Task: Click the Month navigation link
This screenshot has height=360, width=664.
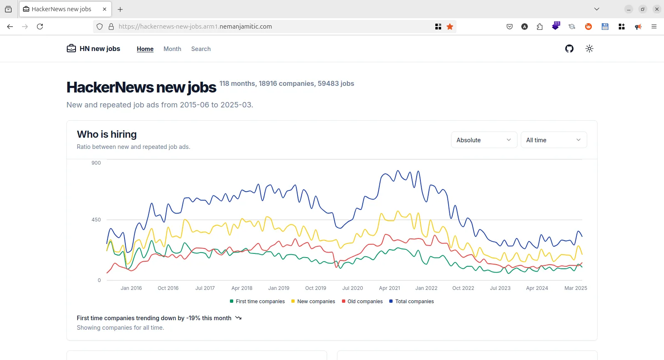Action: [172, 49]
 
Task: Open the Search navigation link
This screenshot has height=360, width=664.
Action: [201, 49]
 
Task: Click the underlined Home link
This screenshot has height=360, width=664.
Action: [145, 49]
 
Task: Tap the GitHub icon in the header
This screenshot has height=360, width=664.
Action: [569, 49]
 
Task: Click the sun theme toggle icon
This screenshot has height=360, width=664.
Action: [589, 49]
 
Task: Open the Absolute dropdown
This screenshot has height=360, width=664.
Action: [484, 140]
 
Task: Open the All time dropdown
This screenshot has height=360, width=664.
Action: [554, 140]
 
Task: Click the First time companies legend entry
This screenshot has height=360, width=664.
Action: [257, 302]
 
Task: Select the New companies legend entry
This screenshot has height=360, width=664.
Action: [313, 302]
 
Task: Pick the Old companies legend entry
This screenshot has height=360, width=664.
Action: [362, 302]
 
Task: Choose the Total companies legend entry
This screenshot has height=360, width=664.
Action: [412, 302]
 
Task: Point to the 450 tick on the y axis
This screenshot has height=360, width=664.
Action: [96, 220]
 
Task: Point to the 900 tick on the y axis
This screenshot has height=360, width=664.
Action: [96, 163]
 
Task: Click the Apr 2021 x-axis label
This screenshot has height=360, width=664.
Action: [390, 288]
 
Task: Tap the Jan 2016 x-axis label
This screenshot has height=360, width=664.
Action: [131, 288]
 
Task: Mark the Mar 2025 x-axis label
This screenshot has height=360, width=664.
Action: [576, 288]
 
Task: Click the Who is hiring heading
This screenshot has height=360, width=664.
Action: [107, 134]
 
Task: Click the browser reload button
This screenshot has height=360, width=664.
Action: [40, 27]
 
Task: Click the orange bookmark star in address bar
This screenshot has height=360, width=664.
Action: [450, 27]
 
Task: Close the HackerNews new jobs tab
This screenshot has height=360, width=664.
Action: [105, 9]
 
